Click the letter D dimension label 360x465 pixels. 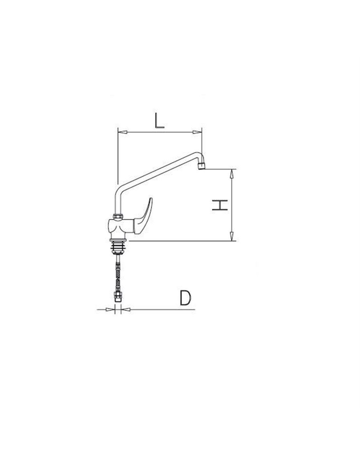185,298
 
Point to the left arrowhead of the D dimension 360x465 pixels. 110,309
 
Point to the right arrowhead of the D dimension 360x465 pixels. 126,309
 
